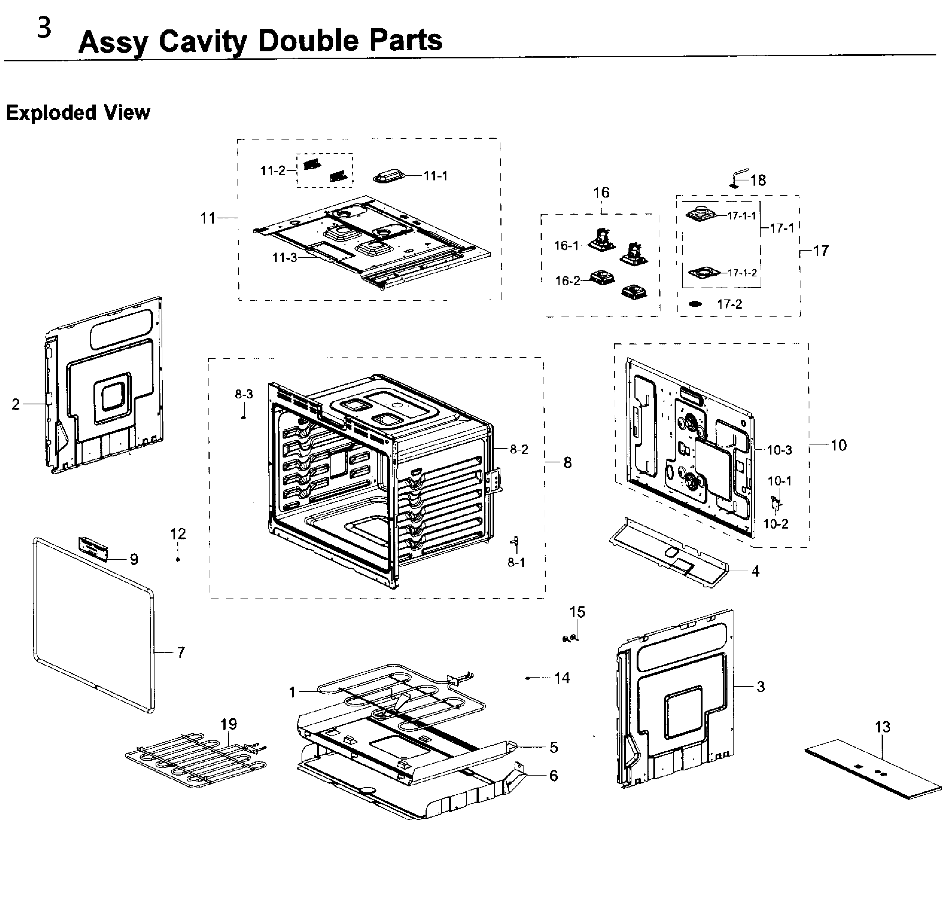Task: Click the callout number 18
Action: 758,180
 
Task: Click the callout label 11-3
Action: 285,258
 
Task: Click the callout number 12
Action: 178,534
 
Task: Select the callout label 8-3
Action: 244,394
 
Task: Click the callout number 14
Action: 562,678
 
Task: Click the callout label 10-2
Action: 775,524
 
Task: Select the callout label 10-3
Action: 779,450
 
